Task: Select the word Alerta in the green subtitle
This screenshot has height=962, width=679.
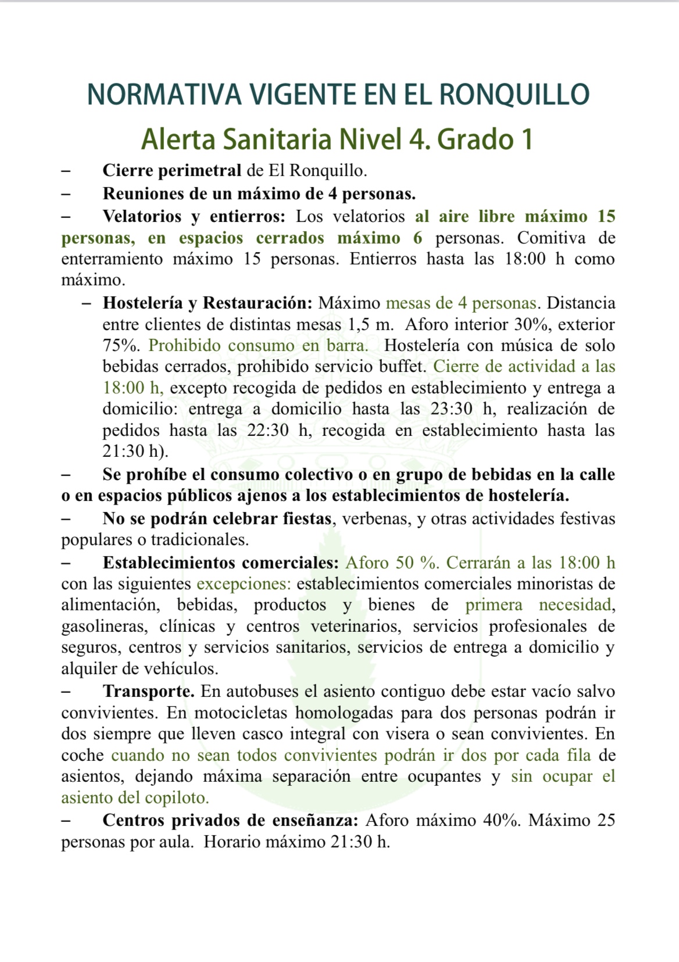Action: pyautogui.click(x=178, y=140)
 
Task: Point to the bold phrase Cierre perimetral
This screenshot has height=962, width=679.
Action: pyautogui.click(x=171, y=170)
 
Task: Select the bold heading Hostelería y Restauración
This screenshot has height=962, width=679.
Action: pyautogui.click(x=208, y=303)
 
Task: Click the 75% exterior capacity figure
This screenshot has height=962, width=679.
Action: pyautogui.click(x=120, y=345)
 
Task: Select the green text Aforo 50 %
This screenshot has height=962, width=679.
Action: pyautogui.click(x=392, y=563)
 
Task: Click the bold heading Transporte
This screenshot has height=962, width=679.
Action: pyautogui.click(x=148, y=692)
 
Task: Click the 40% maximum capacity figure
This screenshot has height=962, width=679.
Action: pyautogui.click(x=501, y=820)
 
